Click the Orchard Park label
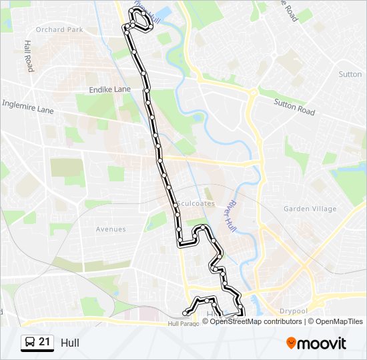59,29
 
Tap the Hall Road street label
29,55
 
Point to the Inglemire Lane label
27,106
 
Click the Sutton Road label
294,106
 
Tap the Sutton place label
350,74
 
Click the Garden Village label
310,209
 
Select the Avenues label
110,229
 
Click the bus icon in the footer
29,343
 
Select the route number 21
45,342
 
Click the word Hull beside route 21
69,343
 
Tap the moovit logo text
322,343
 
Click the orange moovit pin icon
291,343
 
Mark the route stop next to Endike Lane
146,89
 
